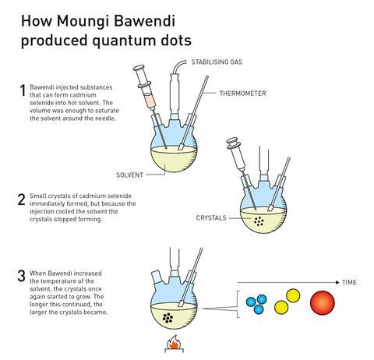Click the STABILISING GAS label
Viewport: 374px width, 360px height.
[217, 62]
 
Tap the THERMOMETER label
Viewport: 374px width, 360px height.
[242, 94]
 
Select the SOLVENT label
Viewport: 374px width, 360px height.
[129, 175]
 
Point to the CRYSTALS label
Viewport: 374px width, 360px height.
[211, 217]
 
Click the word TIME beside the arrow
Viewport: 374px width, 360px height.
[349, 282]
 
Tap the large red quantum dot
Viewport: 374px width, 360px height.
[323, 302]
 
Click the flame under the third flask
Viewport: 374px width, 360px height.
[174, 343]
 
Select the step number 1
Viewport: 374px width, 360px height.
[23, 90]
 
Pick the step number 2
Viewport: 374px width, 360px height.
[22, 199]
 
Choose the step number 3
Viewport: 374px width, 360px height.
[22, 276]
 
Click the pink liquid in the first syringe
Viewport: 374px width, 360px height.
[149, 100]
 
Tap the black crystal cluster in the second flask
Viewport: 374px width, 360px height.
[259, 221]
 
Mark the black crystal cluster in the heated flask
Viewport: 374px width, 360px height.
[168, 318]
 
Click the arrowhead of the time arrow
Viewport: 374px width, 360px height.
[337, 282]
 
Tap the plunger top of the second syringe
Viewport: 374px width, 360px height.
[232, 143]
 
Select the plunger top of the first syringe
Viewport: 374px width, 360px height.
[139, 69]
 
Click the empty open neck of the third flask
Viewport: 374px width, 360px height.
[157, 277]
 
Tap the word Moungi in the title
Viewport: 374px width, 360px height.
[83, 21]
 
